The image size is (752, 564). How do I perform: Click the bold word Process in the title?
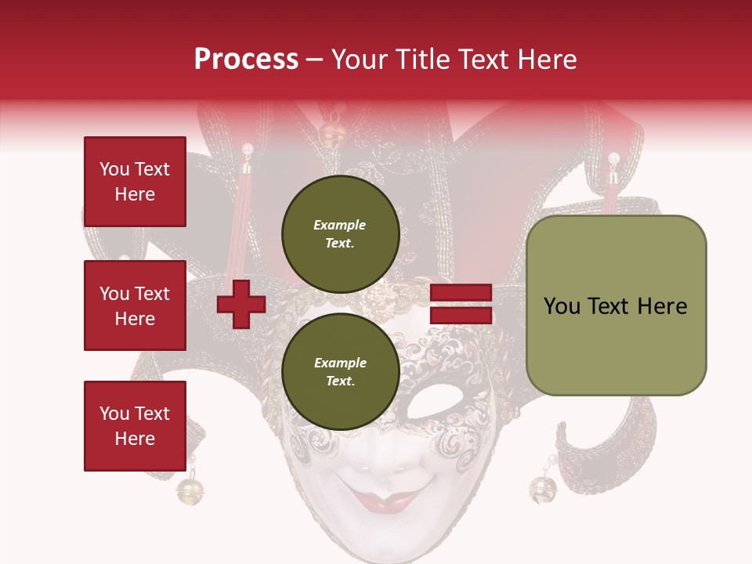(x=246, y=60)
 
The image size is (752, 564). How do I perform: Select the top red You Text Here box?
(x=135, y=182)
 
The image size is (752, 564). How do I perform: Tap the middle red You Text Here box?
(x=135, y=305)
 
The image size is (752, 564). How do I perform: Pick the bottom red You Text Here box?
(x=135, y=425)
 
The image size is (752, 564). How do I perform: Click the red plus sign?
(x=241, y=304)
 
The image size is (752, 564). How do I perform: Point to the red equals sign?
(x=461, y=304)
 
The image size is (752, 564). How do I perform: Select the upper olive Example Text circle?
(x=340, y=234)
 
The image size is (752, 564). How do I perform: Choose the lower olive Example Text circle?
(x=340, y=372)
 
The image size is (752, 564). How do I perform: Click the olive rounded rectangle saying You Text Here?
(x=616, y=305)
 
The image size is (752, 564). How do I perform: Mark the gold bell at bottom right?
(x=543, y=489)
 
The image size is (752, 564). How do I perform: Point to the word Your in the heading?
(x=361, y=60)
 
